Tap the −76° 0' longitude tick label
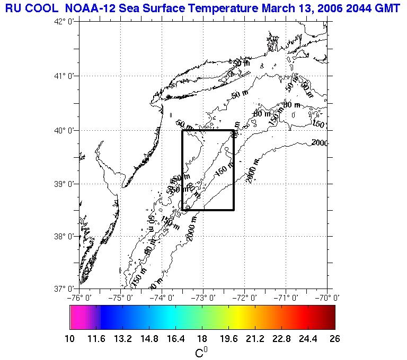79,297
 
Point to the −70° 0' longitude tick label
326,297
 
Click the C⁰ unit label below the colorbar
202,352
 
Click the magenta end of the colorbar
77,318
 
